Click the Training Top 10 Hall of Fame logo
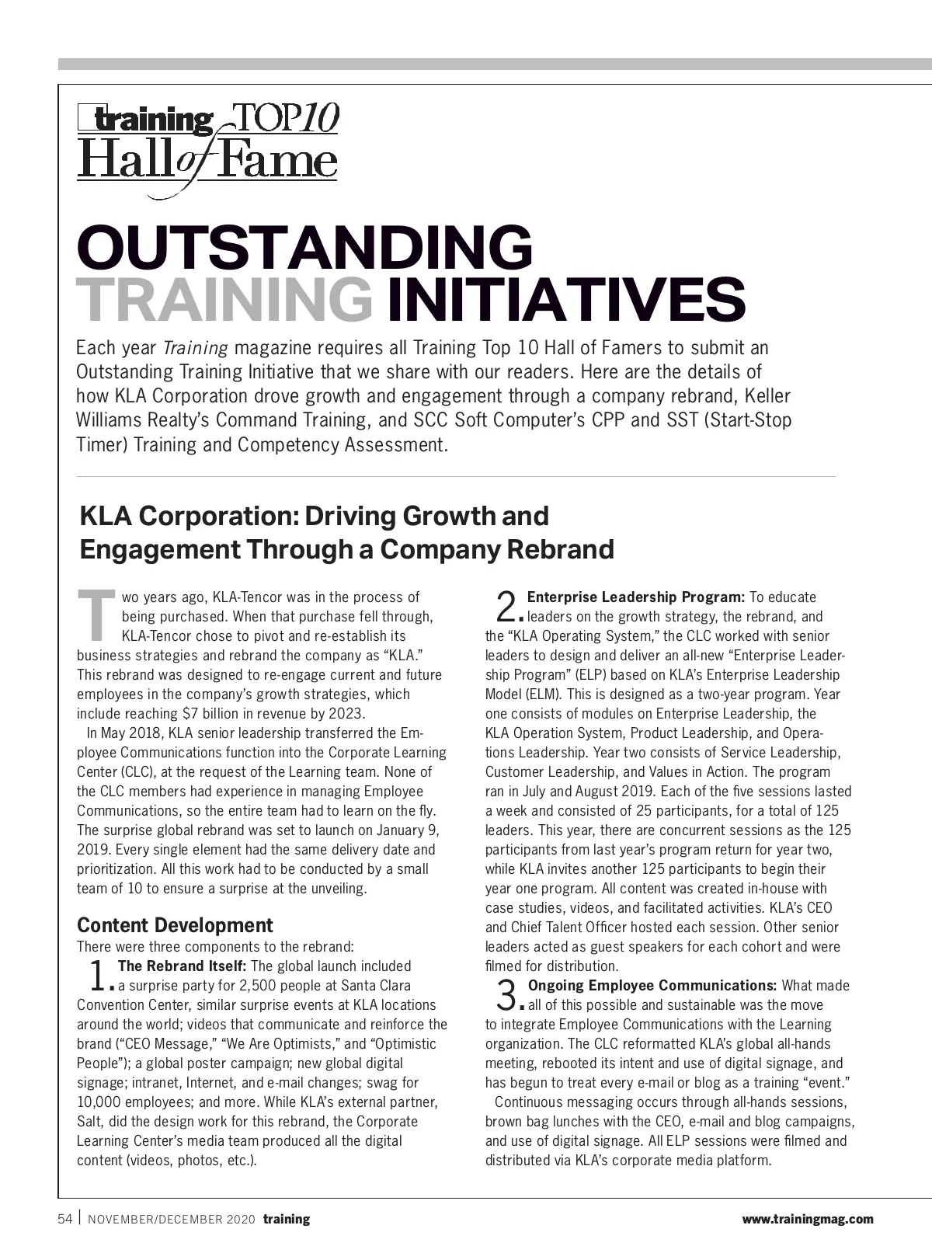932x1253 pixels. click(x=207, y=141)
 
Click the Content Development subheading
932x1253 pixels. click(x=175, y=925)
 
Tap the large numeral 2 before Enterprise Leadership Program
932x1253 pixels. click(x=506, y=606)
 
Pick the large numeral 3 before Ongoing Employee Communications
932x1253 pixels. click(x=506, y=994)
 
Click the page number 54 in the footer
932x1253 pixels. click(x=65, y=1219)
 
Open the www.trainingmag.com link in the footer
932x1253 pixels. click(x=808, y=1220)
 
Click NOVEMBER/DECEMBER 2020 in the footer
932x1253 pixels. click(x=171, y=1220)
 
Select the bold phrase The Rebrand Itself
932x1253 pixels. click(x=182, y=966)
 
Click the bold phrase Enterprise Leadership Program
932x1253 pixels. click(x=635, y=597)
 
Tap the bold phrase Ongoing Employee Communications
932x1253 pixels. click(x=652, y=986)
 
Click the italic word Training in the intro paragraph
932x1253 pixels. click(x=196, y=347)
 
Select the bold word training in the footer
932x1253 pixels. click(x=286, y=1220)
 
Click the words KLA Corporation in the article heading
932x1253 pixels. click(x=186, y=516)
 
